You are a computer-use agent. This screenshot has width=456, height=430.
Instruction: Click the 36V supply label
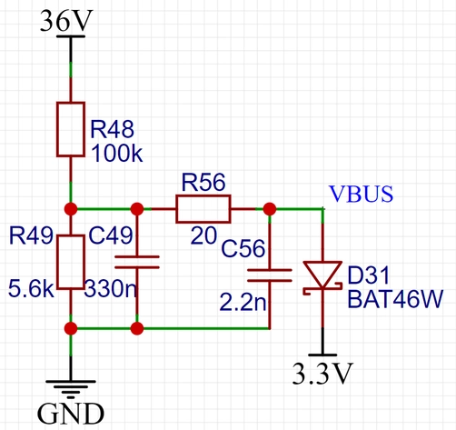point(66,21)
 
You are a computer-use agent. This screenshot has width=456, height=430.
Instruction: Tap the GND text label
point(71,414)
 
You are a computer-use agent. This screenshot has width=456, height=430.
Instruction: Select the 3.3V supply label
point(322,374)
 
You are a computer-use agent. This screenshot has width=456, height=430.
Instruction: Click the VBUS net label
point(361,194)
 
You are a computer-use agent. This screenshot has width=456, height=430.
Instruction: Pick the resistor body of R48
point(71,129)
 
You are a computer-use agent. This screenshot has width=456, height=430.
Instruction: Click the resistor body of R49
point(71,262)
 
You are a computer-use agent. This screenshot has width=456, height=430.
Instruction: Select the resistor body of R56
point(203,209)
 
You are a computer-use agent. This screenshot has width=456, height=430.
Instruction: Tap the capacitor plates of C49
point(137,262)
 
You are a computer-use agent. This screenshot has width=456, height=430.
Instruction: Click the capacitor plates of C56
point(270,275)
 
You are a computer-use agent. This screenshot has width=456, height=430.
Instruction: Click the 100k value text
point(116,154)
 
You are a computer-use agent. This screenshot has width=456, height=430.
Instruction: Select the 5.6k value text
point(31,288)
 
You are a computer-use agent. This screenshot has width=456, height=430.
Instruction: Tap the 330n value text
point(111,288)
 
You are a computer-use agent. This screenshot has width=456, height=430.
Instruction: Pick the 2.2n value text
point(243,302)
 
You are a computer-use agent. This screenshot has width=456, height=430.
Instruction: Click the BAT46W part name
point(395,299)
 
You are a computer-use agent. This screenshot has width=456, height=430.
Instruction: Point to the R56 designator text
point(203,182)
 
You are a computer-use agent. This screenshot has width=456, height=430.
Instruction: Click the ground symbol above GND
point(71,389)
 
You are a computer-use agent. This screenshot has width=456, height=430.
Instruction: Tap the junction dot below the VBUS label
point(270,209)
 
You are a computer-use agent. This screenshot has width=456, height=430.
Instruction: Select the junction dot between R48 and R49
point(71,209)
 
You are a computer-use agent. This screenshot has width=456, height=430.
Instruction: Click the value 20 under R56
point(203,235)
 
